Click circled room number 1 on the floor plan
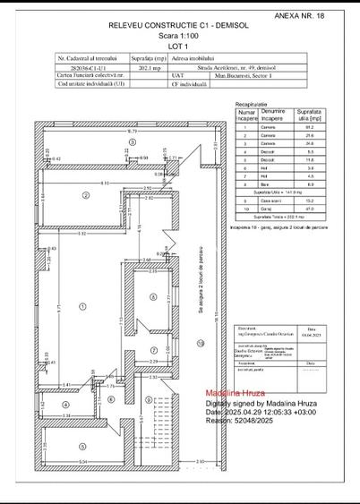pyautogui.click(x=82, y=305)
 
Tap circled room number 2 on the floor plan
pyautogui.click(x=86, y=194)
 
